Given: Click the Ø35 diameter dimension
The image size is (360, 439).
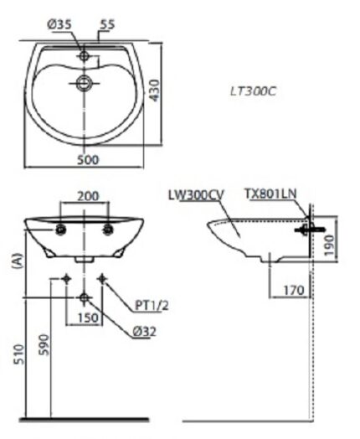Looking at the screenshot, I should coord(58,25).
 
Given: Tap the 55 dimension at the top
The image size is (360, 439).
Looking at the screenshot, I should coord(107,25).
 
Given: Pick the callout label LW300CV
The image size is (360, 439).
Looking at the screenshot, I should coord(196,194).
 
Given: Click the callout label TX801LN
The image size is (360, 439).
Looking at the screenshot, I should coord(270,194).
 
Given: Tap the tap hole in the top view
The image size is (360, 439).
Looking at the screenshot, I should coord(84,56).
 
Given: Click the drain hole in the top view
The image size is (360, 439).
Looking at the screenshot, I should coord(84,82).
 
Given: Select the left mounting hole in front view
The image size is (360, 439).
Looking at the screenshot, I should coord(61,229).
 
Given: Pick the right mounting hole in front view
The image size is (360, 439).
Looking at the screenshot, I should coord(108,229).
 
